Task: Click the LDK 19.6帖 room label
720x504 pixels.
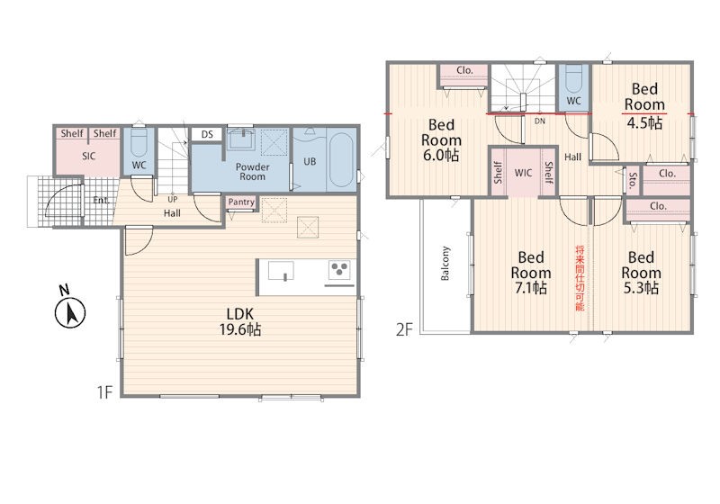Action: point(240,322)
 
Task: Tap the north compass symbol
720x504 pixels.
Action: point(70,308)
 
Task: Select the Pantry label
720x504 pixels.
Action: point(241,202)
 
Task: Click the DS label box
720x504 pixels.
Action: point(207,134)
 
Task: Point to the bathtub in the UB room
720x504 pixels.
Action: point(342,159)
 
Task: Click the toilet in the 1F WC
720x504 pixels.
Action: point(139,143)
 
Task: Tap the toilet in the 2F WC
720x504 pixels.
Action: point(573,79)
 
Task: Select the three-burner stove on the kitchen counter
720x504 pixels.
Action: point(339,269)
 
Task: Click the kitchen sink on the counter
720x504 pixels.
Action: point(281,271)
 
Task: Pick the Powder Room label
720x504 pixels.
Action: point(253,172)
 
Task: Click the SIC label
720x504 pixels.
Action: point(88,156)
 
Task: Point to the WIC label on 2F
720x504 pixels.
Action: point(524,173)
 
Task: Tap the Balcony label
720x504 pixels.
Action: point(445,263)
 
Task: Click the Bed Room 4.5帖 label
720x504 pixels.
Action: point(644,105)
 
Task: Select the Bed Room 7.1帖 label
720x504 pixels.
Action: point(531,273)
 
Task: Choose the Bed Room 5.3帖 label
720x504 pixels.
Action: point(641,273)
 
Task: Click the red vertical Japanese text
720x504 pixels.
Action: point(580,278)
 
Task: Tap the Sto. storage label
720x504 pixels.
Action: point(634,181)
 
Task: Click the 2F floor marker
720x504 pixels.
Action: point(404,329)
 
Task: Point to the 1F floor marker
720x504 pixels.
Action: point(104,392)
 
